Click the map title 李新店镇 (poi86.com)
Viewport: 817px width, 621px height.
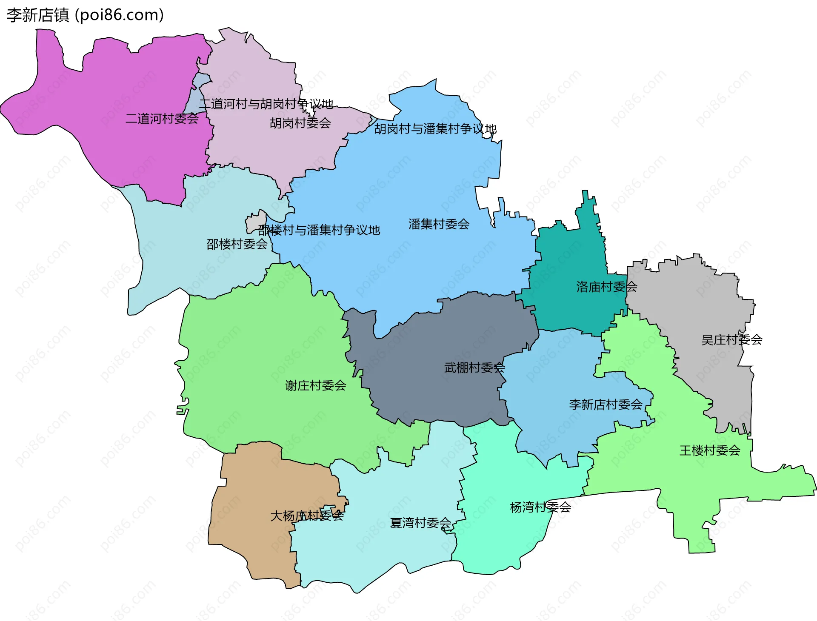click(85, 15)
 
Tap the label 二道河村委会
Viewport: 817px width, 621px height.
click(162, 119)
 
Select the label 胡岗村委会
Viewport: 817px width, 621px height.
click(300, 123)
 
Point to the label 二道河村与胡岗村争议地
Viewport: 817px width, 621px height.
click(266, 104)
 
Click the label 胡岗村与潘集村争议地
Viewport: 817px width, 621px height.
click(435, 129)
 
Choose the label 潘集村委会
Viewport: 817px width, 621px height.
click(439, 224)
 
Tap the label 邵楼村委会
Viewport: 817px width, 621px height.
click(237, 244)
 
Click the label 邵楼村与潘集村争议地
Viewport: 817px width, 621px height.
click(319, 230)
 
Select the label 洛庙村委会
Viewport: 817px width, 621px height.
click(607, 287)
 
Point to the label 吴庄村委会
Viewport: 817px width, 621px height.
click(732, 340)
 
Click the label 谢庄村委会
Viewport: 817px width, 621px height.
click(316, 386)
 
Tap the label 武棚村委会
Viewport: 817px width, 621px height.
click(474, 367)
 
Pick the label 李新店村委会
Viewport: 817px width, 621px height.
click(606, 405)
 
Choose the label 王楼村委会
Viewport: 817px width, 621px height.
click(710, 450)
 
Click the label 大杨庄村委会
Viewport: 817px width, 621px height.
click(307, 516)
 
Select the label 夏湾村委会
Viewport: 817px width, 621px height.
click(421, 523)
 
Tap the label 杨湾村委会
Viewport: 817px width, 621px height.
click(540, 507)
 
